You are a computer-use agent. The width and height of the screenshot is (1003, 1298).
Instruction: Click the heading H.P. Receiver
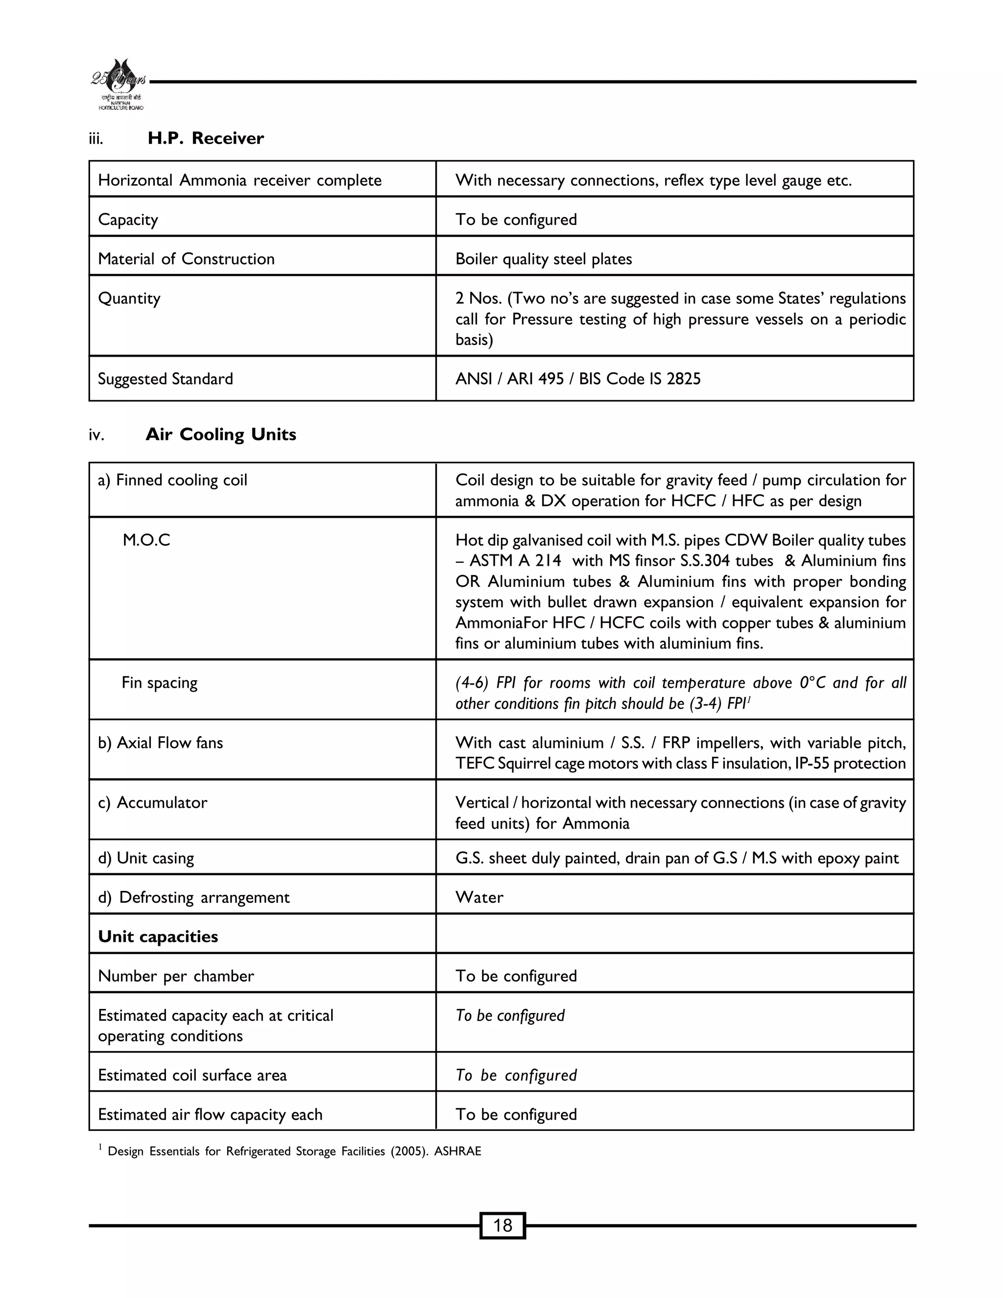tap(205, 139)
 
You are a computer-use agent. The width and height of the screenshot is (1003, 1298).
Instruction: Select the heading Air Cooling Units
tap(220, 434)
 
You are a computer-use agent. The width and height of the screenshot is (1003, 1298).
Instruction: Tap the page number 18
tap(502, 1225)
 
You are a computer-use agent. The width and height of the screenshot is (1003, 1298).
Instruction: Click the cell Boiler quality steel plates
tap(543, 259)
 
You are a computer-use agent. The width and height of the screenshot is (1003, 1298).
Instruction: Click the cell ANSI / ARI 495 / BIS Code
tap(577, 379)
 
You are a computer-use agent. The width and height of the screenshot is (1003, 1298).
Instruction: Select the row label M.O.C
tap(146, 540)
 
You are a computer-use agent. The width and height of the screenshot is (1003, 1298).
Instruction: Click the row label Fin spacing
tap(159, 682)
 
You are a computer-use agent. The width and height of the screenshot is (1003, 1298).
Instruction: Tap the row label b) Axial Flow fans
tap(161, 743)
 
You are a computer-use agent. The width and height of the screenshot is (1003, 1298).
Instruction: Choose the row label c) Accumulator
tap(153, 803)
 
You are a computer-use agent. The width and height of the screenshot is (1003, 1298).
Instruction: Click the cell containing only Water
tap(479, 897)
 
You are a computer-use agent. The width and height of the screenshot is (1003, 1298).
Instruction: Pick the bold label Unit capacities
tap(158, 937)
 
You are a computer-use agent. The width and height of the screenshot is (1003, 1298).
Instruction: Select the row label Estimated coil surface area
tap(192, 1075)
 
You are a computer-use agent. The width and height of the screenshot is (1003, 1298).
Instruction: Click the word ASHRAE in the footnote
tap(457, 1151)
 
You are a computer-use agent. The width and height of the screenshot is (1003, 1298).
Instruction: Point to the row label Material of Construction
tap(186, 259)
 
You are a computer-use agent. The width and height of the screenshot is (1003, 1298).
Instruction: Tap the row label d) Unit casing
tap(146, 858)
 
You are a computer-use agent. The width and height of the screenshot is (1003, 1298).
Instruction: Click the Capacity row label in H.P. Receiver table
tap(128, 220)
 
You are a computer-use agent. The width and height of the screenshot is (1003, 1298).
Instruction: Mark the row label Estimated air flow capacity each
tap(210, 1114)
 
